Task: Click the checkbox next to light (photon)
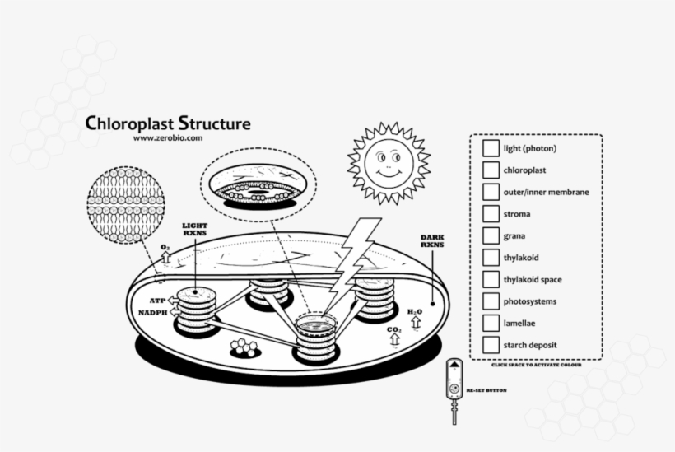point(491,148)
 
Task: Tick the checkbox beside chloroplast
point(491,170)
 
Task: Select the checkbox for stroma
point(491,214)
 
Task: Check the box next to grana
point(491,235)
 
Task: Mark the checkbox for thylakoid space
point(491,279)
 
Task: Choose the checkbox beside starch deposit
point(491,345)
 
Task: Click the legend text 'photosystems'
point(528,301)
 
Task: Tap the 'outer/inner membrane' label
point(546,193)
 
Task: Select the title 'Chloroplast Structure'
point(168,124)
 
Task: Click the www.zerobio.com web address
point(168,138)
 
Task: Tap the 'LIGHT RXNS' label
point(194,228)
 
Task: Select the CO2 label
point(393,331)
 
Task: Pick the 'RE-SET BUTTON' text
point(486,390)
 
